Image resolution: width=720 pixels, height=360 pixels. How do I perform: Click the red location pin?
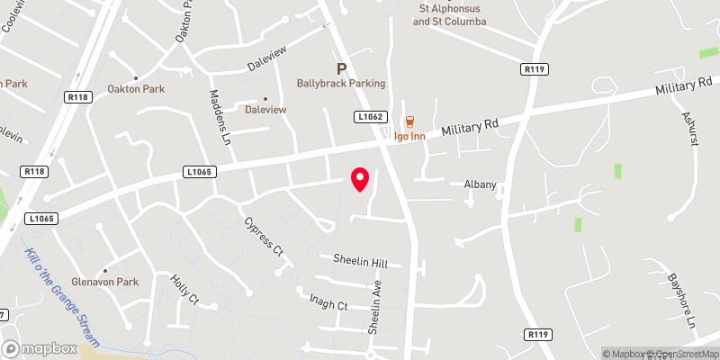pyautogui.click(x=360, y=178)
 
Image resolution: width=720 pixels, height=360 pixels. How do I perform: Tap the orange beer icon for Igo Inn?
pyautogui.click(x=409, y=121)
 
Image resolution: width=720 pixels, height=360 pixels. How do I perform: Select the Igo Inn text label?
pyautogui.click(x=409, y=138)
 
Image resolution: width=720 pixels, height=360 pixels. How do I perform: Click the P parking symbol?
pyautogui.click(x=341, y=68)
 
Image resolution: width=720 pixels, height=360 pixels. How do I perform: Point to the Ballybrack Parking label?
pyautogui.click(x=341, y=84)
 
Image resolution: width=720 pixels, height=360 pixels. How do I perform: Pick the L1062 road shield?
pyautogui.click(x=370, y=116)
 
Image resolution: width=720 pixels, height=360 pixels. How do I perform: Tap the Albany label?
pyautogui.click(x=480, y=184)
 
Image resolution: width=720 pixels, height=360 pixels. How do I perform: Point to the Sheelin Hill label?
pyautogui.click(x=360, y=264)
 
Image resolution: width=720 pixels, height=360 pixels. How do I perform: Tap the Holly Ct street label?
pyautogui.click(x=184, y=291)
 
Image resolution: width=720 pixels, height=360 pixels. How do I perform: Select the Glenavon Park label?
pyautogui.click(x=110, y=282)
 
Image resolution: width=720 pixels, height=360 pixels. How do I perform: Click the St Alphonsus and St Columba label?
pyautogui.click(x=450, y=14)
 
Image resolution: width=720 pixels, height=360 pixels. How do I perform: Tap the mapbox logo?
pyautogui.click(x=40, y=348)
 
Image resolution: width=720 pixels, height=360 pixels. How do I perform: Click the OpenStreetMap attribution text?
pyautogui.click(x=680, y=354)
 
